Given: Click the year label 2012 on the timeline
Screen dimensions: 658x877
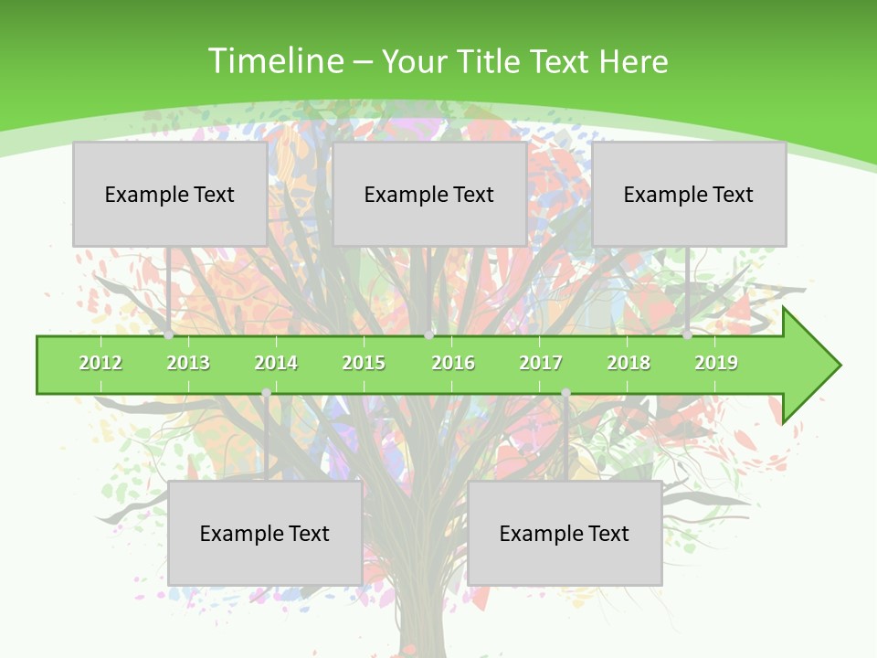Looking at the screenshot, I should (100, 363).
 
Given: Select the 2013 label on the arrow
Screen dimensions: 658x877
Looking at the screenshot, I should (188, 363).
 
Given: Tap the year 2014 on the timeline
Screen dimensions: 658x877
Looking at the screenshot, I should (276, 363).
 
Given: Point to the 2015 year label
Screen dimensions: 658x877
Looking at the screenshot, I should (364, 363).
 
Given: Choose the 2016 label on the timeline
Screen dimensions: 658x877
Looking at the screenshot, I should (453, 363).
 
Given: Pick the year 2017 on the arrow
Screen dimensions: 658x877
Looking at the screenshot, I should (541, 363).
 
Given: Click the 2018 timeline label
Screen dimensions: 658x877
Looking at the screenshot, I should (629, 363).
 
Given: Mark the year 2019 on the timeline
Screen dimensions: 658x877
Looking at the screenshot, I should (716, 363).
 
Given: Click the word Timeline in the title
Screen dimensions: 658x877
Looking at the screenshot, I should (275, 61).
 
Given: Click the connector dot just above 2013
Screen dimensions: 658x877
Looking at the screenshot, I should (169, 335).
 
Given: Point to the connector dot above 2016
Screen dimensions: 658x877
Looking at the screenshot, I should (428, 335).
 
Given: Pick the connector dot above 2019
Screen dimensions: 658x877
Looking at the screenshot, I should (688, 335).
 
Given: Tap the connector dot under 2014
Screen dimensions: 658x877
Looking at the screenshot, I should (266, 393).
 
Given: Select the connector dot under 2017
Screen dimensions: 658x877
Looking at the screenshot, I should (565, 393).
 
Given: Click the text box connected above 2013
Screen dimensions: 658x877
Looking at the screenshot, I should (170, 194).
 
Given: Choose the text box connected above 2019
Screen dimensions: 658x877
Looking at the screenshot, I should (689, 194).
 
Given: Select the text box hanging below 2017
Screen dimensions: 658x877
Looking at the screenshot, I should (565, 533).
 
